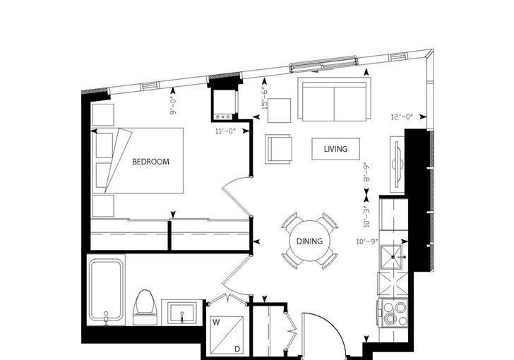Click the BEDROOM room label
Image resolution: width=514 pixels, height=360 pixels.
click(x=151, y=162)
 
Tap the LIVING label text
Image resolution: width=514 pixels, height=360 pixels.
click(x=335, y=149)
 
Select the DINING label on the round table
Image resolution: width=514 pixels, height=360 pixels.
click(x=309, y=241)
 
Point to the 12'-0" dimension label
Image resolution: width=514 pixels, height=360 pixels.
click(x=402, y=116)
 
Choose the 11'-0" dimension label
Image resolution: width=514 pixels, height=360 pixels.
click(x=225, y=131)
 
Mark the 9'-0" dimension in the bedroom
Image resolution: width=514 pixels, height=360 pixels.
click(x=174, y=106)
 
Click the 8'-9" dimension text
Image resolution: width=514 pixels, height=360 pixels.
click(x=367, y=172)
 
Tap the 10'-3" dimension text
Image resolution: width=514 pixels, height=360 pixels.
click(x=367, y=217)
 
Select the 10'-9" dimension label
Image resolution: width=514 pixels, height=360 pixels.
click(x=367, y=242)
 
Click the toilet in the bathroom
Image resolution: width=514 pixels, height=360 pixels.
click(x=145, y=307)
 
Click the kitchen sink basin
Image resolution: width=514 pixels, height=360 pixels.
click(x=391, y=257)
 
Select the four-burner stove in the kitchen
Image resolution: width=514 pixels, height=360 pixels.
click(x=393, y=313)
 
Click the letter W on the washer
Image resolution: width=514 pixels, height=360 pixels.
click(x=216, y=323)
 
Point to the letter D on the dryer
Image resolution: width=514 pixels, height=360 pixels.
click(x=237, y=350)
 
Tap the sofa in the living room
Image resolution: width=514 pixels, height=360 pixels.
click(x=335, y=99)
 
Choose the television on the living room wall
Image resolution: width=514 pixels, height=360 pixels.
click(x=398, y=164)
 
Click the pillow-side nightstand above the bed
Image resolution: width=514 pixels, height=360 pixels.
click(x=103, y=115)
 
